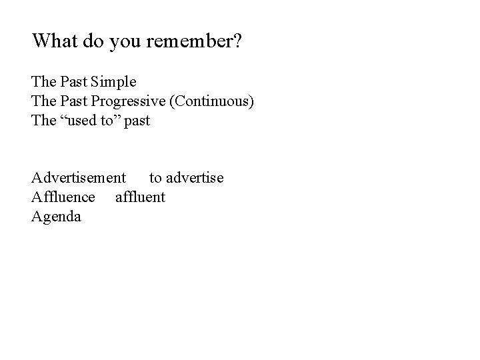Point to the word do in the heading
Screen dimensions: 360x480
[99, 41]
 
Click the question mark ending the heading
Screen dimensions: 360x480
[237, 41]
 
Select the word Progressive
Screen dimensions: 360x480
[131, 102]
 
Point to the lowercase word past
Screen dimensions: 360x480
[137, 121]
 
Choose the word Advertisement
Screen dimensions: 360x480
[78, 178]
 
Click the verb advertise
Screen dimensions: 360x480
[195, 178]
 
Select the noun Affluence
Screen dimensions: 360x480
[63, 197]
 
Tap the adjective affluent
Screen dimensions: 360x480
[140, 197]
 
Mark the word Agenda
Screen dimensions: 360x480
[56, 217]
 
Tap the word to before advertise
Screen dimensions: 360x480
[155, 179]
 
